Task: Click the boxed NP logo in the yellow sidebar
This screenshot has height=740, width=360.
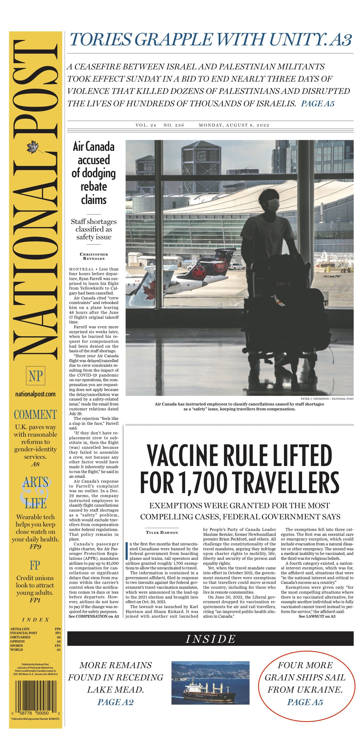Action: (x=36, y=376)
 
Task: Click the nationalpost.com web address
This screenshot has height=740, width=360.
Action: (x=35, y=394)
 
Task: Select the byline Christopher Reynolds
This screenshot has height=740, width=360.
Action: (x=94, y=256)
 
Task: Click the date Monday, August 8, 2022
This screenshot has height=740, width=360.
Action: (x=234, y=125)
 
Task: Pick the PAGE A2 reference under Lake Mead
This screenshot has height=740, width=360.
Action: (x=115, y=702)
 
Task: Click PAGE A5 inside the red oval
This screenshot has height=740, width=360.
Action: (x=305, y=702)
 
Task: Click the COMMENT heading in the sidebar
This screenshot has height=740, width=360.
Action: (x=35, y=415)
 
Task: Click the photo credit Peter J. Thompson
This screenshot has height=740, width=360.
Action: (x=327, y=399)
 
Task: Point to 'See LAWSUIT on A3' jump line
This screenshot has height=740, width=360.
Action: (x=317, y=616)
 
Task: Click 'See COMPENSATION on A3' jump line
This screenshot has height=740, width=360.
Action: (x=94, y=616)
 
